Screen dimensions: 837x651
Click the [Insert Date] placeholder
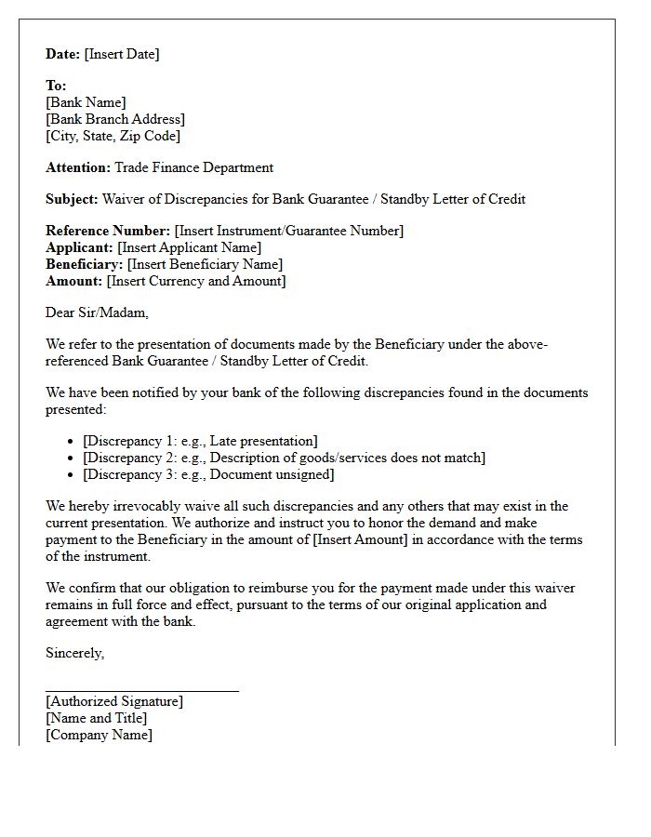122,54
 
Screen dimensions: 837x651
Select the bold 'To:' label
56,86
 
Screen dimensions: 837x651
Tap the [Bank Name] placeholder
86,102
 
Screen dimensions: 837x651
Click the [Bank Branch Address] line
115,119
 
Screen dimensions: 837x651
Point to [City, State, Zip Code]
113,136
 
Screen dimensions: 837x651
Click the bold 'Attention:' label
78,167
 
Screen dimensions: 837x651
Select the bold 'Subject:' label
72,199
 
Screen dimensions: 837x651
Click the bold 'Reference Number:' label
108,231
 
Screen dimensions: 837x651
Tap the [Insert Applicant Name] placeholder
189,247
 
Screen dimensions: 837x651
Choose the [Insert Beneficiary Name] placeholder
205,264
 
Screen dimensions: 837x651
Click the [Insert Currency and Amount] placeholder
196,281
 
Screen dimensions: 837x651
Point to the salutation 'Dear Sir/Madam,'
97,312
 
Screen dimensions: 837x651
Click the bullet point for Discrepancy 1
73,442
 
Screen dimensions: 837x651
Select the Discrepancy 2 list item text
284,458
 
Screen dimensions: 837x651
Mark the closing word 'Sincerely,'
74,653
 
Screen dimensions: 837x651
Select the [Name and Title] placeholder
96,718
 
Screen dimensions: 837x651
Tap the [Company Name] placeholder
99,735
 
